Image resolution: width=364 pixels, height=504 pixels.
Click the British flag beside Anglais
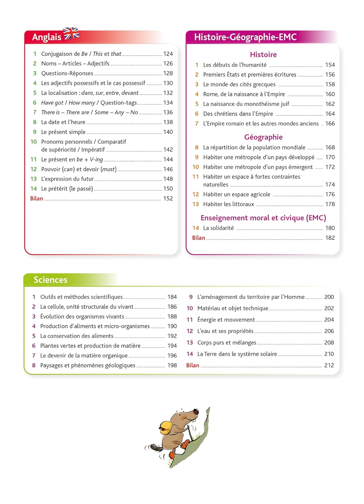[71, 34]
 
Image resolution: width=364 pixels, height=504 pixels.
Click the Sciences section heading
[50, 280]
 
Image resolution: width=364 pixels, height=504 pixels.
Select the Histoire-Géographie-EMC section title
[245, 37]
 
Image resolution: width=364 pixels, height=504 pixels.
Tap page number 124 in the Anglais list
[168, 54]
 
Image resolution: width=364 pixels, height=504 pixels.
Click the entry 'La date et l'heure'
[63, 122]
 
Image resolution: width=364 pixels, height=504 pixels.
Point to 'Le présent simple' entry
[63, 132]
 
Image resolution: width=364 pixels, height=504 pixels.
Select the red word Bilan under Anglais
[37, 199]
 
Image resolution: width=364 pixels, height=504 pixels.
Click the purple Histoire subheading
[263, 54]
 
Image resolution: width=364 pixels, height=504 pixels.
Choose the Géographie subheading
[263, 137]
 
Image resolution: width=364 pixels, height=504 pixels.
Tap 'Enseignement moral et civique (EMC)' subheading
[263, 218]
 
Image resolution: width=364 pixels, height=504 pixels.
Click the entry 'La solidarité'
[218, 228]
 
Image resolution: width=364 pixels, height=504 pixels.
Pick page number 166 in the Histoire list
[330, 124]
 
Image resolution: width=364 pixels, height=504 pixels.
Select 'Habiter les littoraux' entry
[229, 204]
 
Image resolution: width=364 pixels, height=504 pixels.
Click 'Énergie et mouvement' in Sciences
[226, 320]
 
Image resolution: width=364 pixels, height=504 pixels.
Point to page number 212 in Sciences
[329, 366]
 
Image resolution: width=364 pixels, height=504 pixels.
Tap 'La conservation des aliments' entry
[77, 336]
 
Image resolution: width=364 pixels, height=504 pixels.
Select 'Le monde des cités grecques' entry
[239, 84]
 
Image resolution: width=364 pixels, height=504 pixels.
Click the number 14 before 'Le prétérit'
[34, 189]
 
